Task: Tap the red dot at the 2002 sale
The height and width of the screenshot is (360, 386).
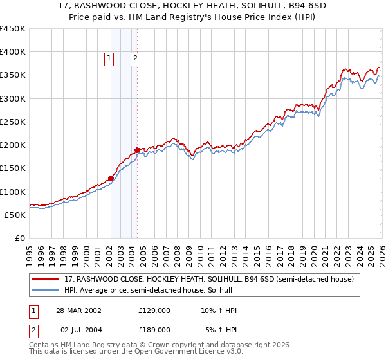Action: click(x=111, y=178)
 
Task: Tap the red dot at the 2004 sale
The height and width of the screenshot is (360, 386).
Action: click(x=137, y=150)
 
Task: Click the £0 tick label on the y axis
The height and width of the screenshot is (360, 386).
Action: click(x=20, y=238)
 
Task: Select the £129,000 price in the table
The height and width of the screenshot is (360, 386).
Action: click(x=154, y=310)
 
